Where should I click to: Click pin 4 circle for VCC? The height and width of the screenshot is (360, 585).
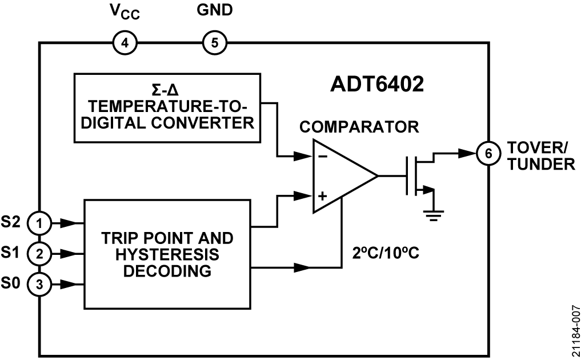125,42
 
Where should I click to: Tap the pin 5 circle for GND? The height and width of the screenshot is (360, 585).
215,42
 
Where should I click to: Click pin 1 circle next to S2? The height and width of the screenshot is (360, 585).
39,223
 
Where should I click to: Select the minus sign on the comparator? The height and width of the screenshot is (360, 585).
322,155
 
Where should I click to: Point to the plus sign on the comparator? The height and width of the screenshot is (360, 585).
322,196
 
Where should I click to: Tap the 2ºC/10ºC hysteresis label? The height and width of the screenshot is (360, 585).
387,252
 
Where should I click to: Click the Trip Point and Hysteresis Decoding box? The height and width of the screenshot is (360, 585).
167,254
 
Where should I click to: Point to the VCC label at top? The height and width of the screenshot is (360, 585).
125,12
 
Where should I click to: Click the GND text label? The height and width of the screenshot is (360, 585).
214,10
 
